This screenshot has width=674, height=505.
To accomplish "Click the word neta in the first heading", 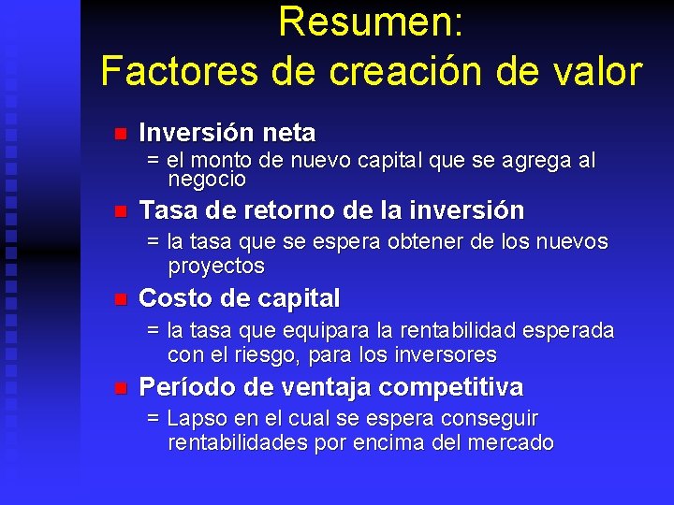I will (x=284, y=133).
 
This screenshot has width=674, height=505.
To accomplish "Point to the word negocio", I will (x=207, y=179).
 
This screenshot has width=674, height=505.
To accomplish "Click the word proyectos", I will (x=216, y=267).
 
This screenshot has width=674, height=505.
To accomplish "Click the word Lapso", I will (x=195, y=418).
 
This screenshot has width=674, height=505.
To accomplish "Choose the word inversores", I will (x=441, y=355).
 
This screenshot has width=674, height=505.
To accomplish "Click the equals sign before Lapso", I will (x=154, y=419).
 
